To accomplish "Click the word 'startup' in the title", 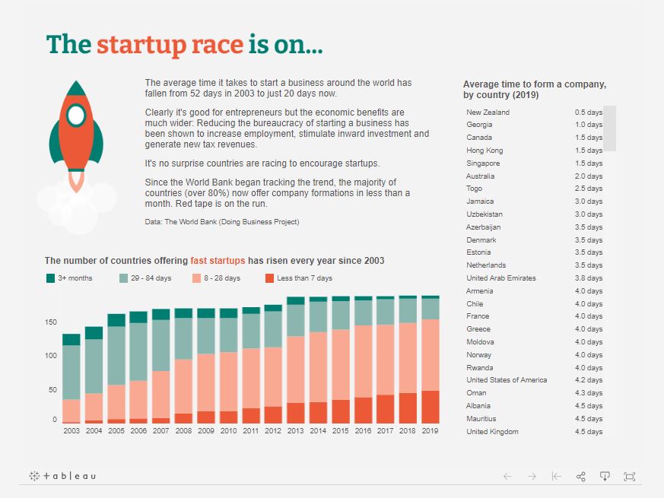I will point(141,45).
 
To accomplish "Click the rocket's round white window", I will point(76,115).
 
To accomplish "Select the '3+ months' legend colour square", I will point(51,278).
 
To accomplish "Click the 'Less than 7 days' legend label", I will point(304,278).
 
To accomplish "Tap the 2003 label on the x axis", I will point(71,431).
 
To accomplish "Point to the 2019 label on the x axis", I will point(430,431).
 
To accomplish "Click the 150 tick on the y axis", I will point(50,322).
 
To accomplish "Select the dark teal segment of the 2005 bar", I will point(116,320).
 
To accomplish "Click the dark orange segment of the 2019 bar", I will point(430,407).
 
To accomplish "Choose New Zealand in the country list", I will point(488,112).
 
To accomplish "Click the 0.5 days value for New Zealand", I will point(588,112).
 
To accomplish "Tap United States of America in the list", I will point(507,380).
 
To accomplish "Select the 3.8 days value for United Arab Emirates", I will point(588,278).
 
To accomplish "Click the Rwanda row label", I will point(479,367).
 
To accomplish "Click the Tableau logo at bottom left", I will point(62,476).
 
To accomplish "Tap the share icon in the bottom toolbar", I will point(581,477).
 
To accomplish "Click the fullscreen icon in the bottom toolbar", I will point(629,477).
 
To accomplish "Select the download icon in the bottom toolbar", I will point(605,477).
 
